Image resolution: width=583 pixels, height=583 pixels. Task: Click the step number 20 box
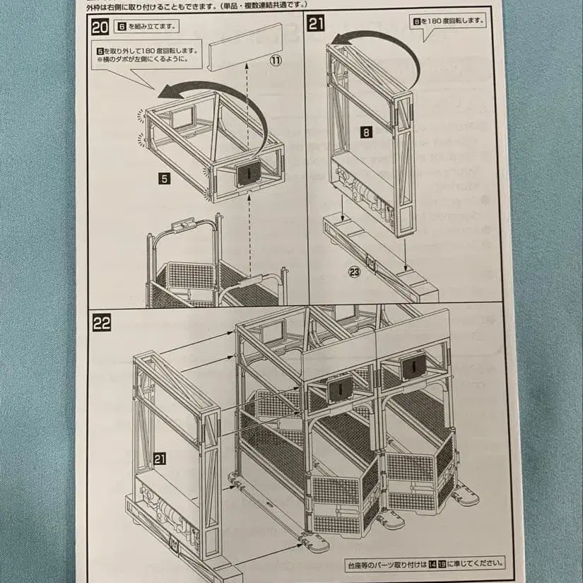pos(100,28)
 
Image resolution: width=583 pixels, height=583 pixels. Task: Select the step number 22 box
pos(102,323)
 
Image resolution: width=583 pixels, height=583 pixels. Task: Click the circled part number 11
pos(276,61)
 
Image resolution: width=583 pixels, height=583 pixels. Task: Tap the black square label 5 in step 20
pos(164,179)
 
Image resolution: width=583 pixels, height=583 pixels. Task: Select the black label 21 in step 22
pos(160,459)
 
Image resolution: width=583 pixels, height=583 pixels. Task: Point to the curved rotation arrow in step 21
pos(382,46)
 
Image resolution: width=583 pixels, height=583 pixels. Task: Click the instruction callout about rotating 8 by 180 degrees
pos(449,20)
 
